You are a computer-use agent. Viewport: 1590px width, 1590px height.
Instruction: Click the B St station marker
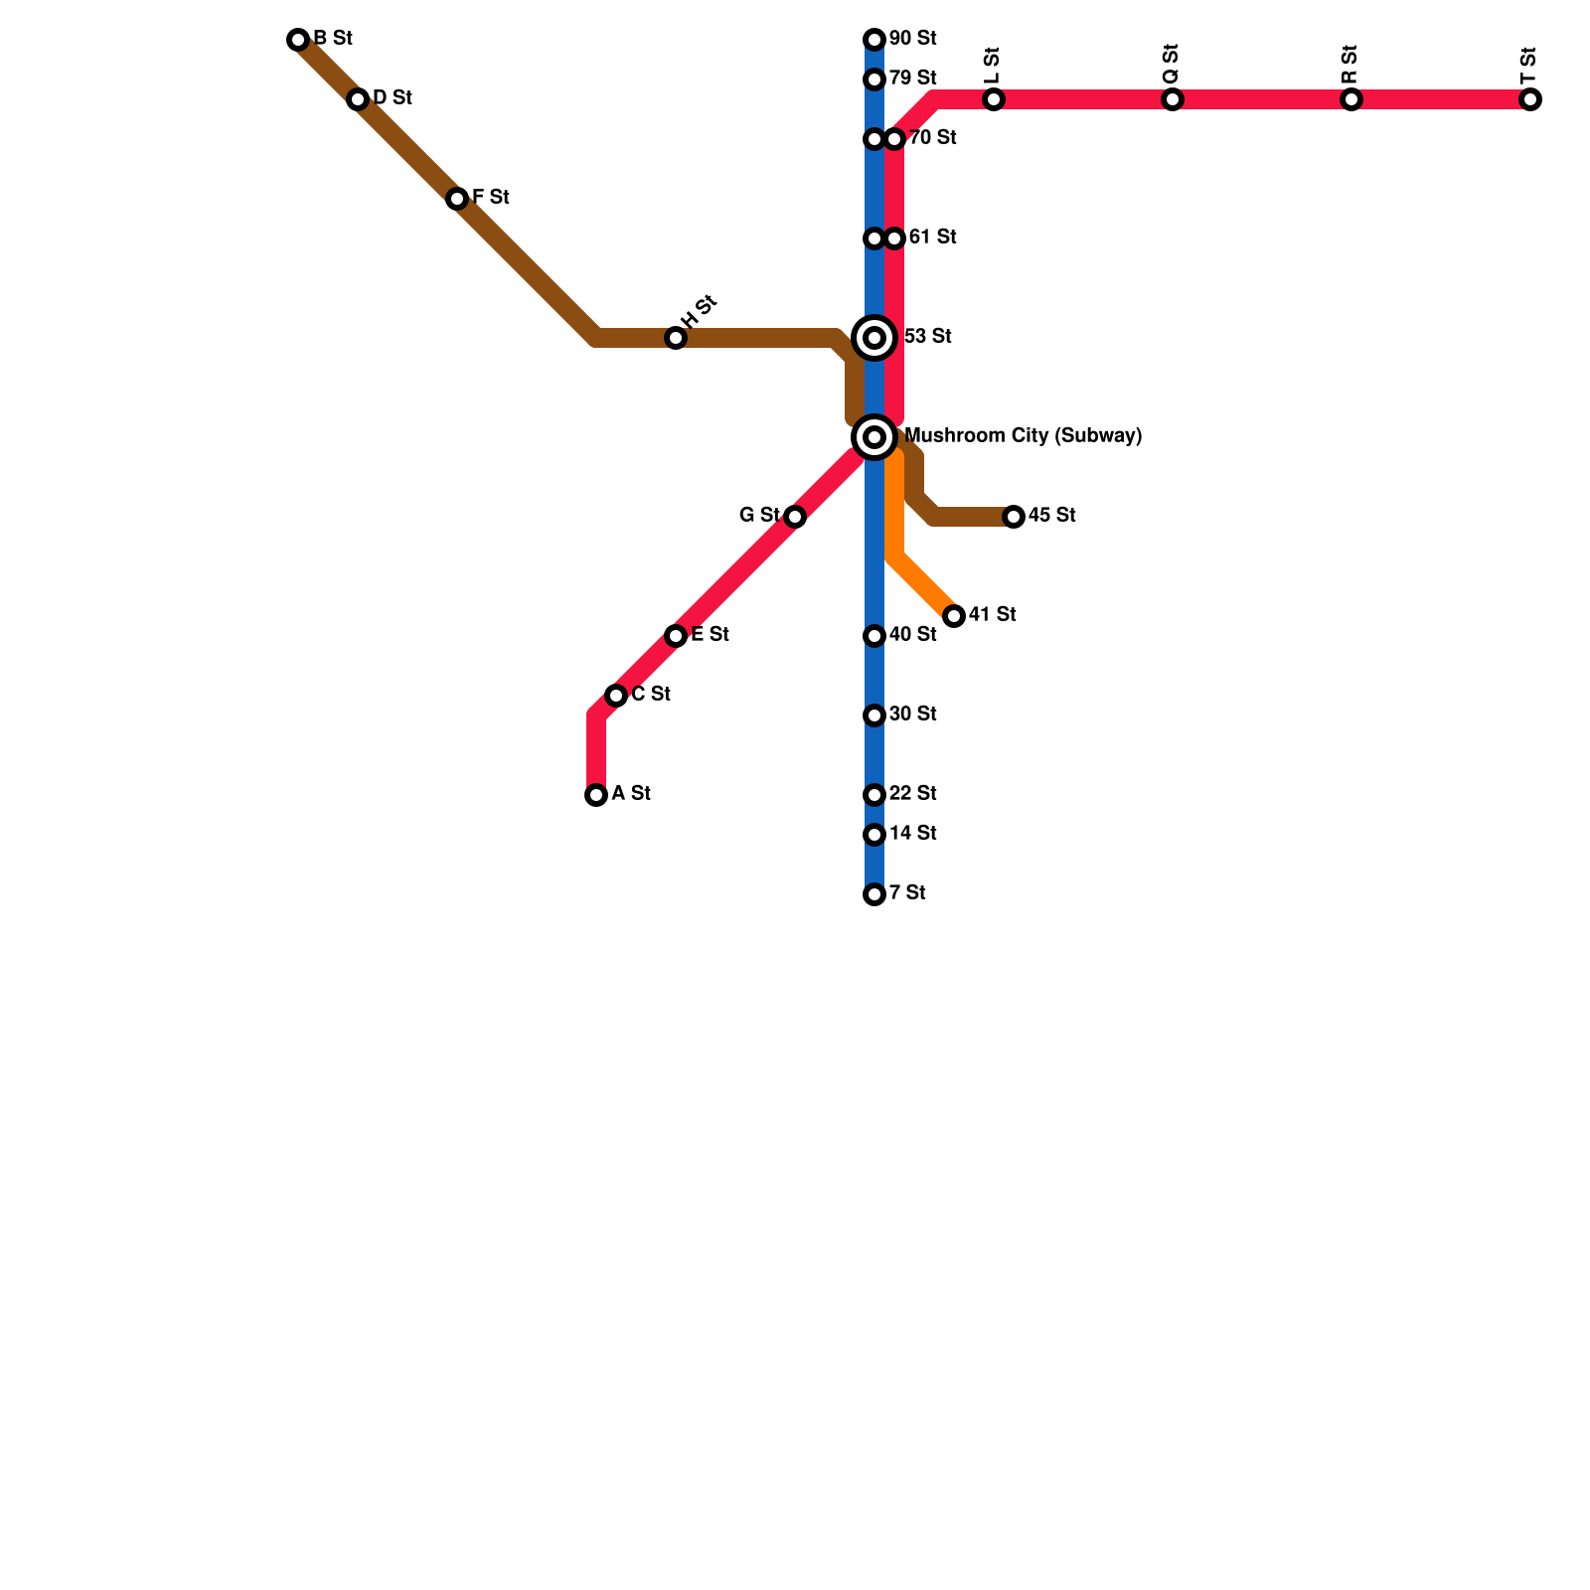(x=298, y=40)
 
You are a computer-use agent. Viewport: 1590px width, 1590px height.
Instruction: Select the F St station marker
(x=457, y=199)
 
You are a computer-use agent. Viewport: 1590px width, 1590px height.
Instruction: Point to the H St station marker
(x=676, y=338)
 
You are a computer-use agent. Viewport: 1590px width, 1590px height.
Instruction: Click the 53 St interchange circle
(x=874, y=338)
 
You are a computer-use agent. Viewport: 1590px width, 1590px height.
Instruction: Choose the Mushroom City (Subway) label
(x=1023, y=436)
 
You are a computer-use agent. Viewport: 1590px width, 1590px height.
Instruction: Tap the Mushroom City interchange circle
(x=874, y=437)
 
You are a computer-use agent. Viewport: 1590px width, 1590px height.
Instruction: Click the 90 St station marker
(x=874, y=40)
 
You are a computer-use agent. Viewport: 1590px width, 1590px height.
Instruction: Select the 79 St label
(x=912, y=79)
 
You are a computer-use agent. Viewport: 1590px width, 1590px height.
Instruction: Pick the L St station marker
(x=994, y=99)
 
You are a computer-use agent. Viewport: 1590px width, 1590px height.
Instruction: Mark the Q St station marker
(x=1173, y=99)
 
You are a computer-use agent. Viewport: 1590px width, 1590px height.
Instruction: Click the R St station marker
(x=1351, y=99)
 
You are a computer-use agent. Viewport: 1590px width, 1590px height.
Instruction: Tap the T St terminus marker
(x=1530, y=99)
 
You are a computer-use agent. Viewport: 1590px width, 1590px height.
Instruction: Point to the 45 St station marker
(x=1014, y=517)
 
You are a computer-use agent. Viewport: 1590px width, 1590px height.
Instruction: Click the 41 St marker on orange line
(x=954, y=616)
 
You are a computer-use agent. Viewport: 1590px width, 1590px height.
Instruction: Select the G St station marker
(x=795, y=517)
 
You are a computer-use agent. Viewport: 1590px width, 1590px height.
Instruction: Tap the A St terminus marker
(x=596, y=795)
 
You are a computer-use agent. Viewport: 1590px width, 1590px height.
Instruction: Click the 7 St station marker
(x=874, y=894)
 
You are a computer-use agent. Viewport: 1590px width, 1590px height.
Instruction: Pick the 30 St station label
(x=912, y=715)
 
